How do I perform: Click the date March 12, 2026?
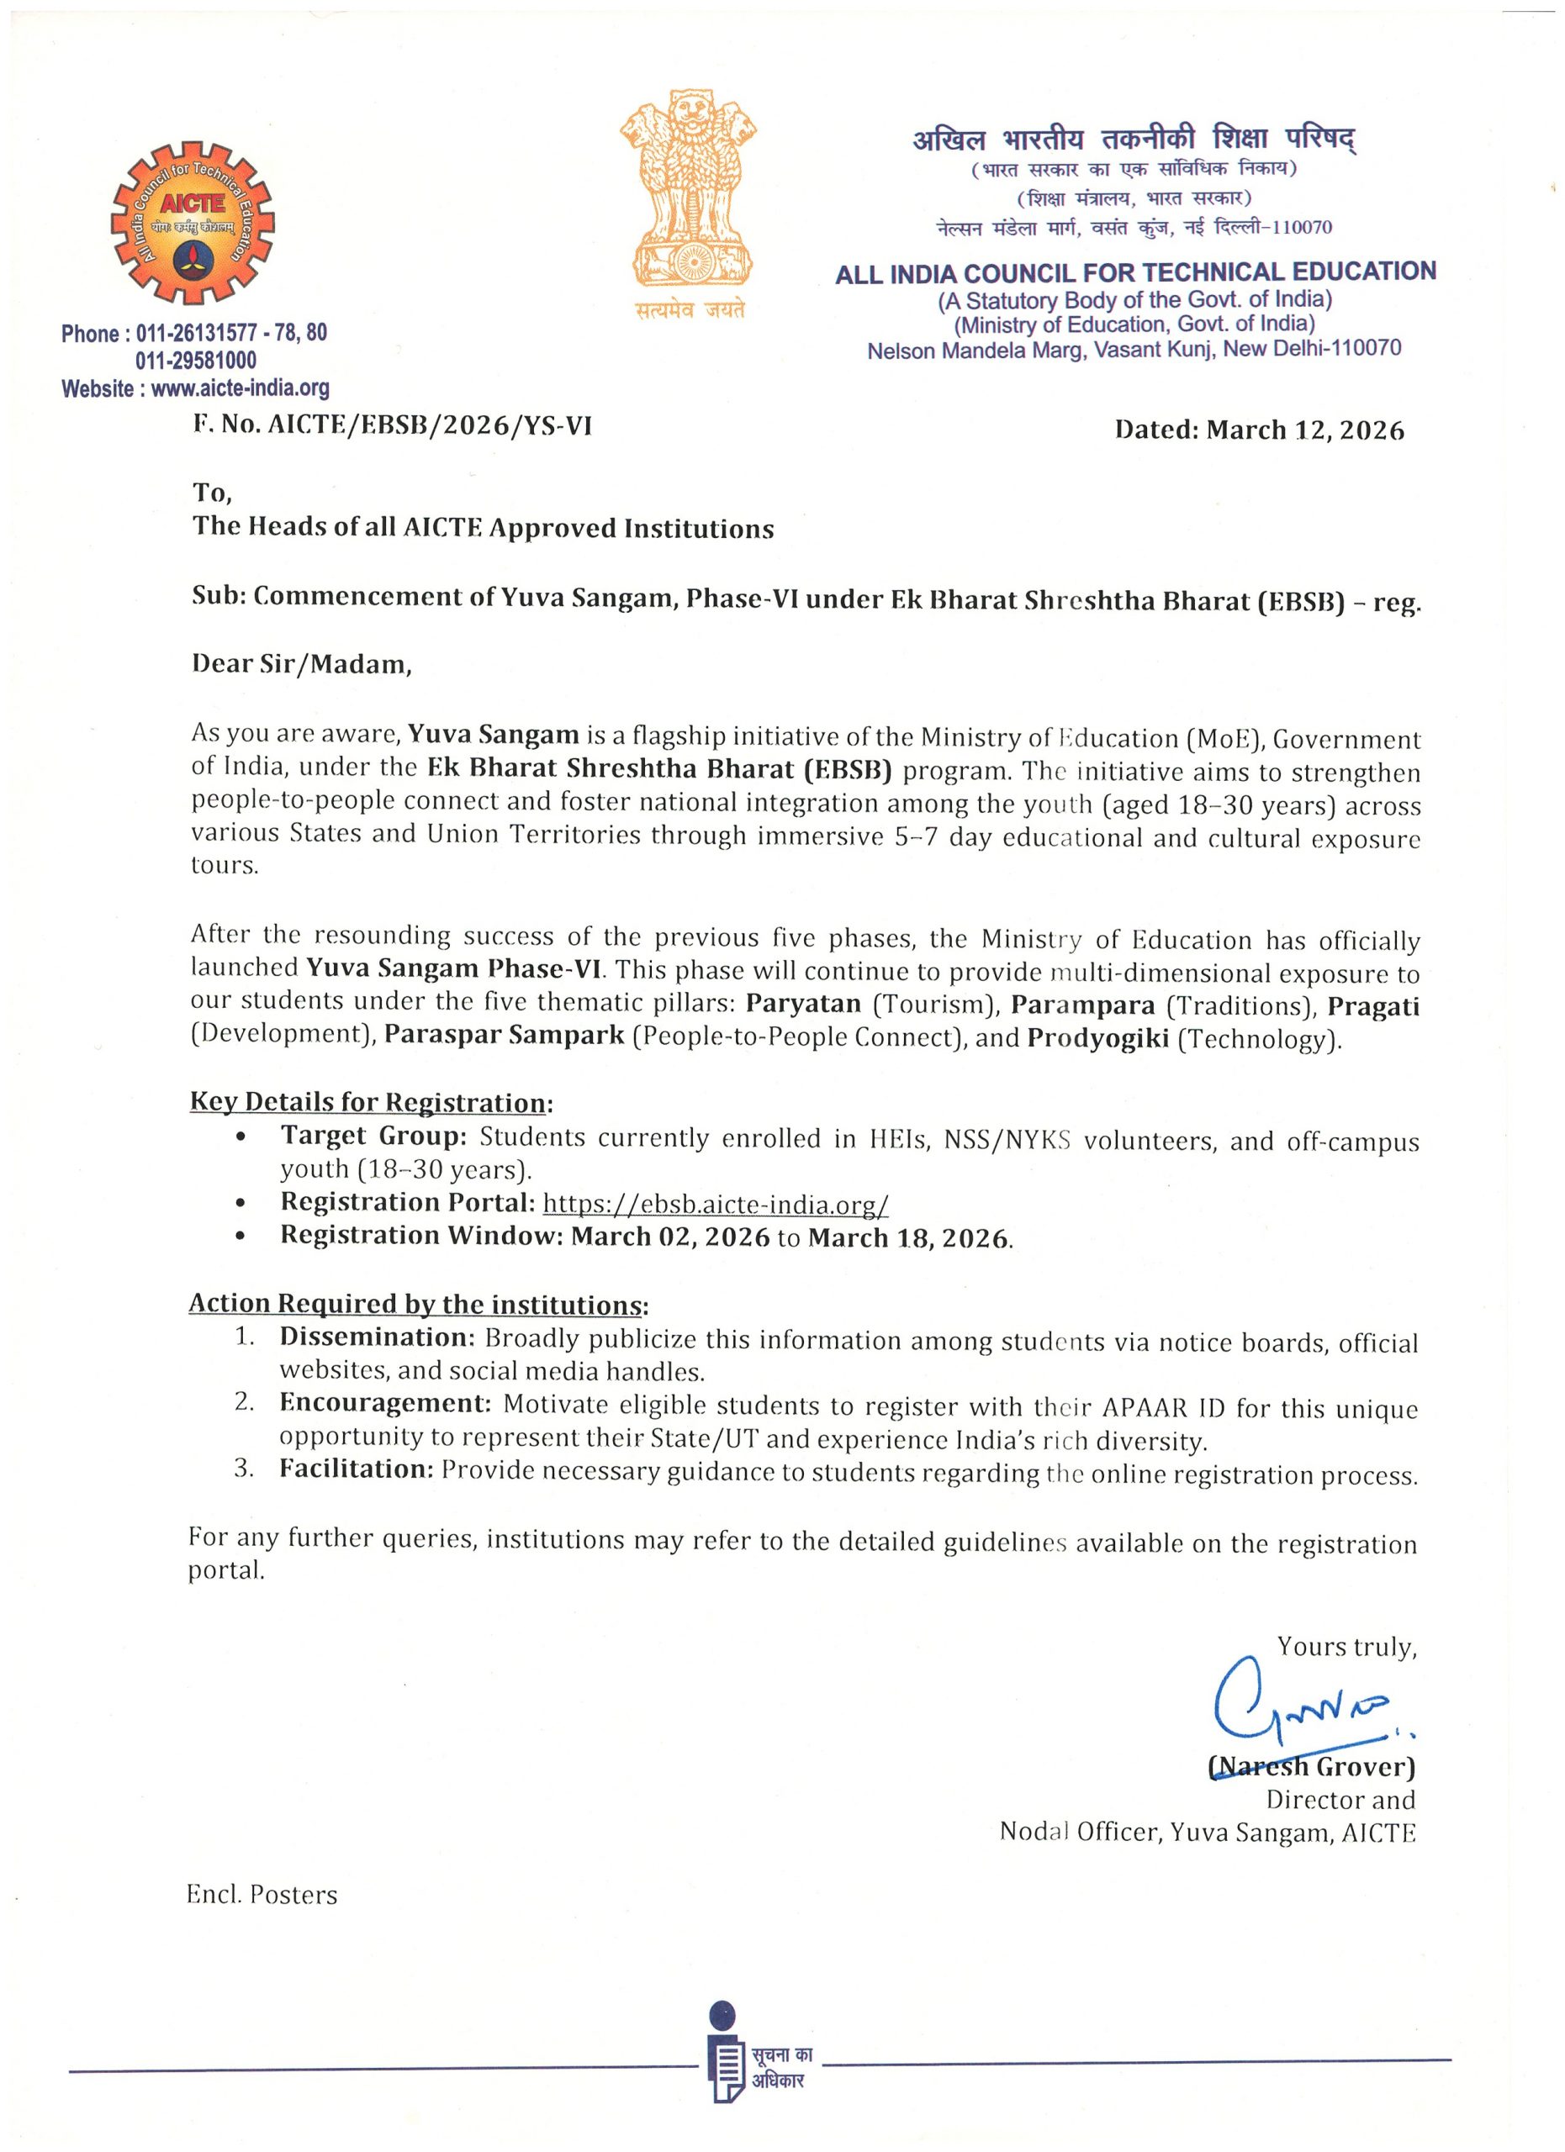1305,430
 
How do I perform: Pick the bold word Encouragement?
384,1402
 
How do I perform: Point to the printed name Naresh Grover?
1312,1767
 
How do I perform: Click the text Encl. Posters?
262,1895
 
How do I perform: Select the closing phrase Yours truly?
1346,1646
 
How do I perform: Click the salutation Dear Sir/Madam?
302,663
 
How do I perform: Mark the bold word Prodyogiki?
1097,1038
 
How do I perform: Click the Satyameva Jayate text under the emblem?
690,309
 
